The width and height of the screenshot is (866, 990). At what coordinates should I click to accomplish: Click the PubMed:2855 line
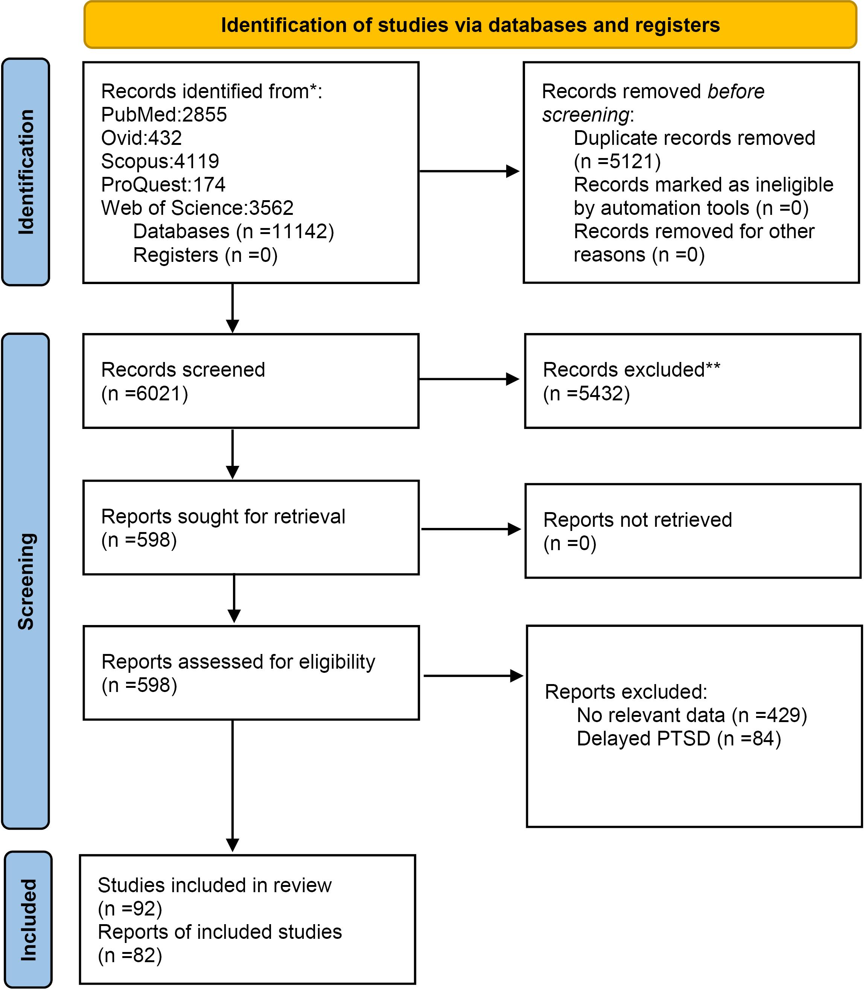click(164, 114)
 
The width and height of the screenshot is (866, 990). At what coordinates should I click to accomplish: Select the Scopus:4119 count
click(160, 161)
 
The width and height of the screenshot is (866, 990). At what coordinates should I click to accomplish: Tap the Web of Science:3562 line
click(197, 208)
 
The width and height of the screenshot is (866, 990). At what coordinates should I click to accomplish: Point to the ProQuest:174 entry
click(163, 185)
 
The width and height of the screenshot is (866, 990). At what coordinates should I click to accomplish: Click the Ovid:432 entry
click(141, 138)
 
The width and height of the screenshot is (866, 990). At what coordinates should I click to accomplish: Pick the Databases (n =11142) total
click(233, 231)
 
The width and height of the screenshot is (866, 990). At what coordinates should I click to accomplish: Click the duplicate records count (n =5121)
click(617, 161)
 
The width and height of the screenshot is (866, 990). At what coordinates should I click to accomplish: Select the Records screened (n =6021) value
click(145, 394)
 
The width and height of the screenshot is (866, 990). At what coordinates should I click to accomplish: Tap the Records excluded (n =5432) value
click(586, 394)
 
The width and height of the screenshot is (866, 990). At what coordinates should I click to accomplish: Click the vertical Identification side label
click(26, 172)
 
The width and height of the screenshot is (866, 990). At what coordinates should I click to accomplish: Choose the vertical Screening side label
click(26, 581)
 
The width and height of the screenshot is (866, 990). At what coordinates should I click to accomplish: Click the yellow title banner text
click(470, 25)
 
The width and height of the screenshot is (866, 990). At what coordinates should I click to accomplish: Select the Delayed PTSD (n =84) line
click(679, 739)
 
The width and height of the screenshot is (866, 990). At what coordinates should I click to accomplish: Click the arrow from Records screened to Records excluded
click(469, 379)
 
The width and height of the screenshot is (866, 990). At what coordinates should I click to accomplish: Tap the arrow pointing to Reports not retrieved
click(471, 529)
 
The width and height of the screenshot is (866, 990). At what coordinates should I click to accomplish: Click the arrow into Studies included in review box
click(233, 786)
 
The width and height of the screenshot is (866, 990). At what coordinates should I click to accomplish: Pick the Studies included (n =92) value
click(129, 909)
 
